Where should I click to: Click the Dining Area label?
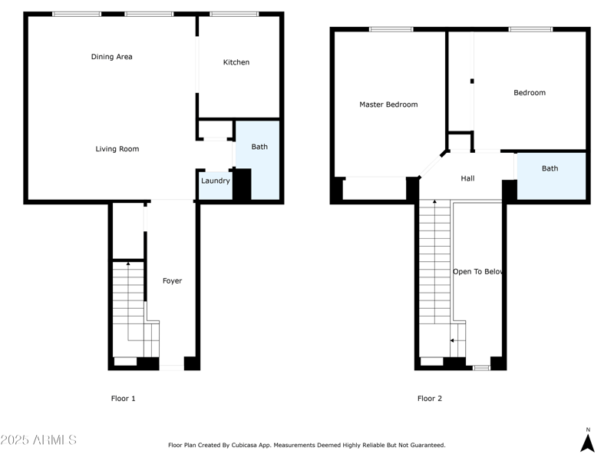112,57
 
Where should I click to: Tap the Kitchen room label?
236,62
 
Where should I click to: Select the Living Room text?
117,149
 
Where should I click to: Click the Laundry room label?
216,181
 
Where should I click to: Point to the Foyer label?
173,281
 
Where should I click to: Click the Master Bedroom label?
388,104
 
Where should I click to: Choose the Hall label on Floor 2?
467,178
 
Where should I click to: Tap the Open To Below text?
477,272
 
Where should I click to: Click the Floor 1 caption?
124,399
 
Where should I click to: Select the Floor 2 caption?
430,399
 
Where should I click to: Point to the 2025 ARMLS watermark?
38,440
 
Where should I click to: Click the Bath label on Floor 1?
259,147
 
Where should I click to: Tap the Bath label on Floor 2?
550,168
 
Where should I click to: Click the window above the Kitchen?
234,14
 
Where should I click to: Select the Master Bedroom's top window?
391,30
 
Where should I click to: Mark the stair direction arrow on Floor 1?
128,264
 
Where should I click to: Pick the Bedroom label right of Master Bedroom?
530,93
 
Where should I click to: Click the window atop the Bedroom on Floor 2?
530,30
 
